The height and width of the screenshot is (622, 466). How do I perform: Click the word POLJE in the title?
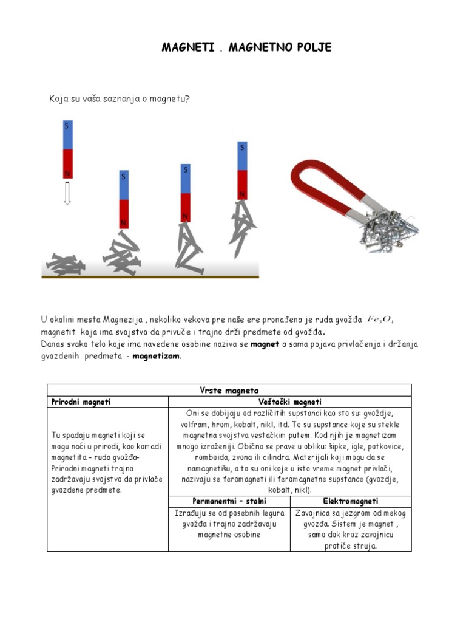pyautogui.click(x=312, y=47)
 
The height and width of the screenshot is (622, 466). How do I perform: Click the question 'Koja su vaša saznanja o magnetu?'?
pyautogui.click(x=120, y=98)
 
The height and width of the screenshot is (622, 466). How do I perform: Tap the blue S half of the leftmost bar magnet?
pyautogui.click(x=67, y=134)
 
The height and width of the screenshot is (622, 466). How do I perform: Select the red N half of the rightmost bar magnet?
pyautogui.click(x=242, y=184)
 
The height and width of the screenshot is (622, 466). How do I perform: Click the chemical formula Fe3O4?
pyautogui.click(x=381, y=320)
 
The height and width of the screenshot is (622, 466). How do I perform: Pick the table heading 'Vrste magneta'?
pyautogui.click(x=229, y=390)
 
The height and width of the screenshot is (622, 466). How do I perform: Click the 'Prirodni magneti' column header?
pyautogui.click(x=81, y=402)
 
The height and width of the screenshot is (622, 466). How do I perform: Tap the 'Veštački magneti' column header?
pyautogui.click(x=289, y=402)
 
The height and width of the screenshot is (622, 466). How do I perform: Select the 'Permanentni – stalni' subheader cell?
pyautogui.click(x=229, y=501)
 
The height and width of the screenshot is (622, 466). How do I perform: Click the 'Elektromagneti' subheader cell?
pyautogui.click(x=351, y=501)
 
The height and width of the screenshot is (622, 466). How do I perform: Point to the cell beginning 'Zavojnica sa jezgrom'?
pyautogui.click(x=351, y=529)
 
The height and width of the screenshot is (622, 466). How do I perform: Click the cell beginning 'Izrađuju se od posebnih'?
pyautogui.click(x=229, y=524)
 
